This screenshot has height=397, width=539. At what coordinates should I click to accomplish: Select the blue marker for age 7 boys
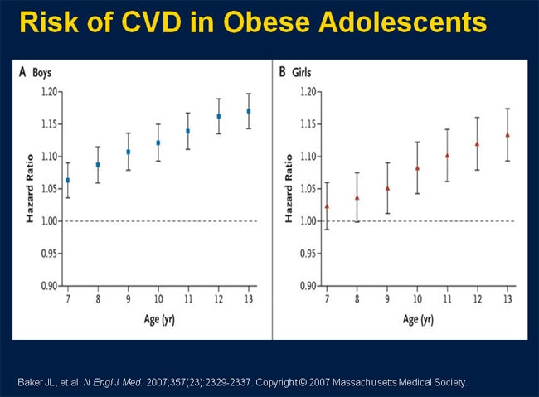[67, 180]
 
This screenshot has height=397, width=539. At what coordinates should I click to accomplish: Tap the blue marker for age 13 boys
[249, 111]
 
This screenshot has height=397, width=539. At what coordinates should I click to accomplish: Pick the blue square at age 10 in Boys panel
[158, 143]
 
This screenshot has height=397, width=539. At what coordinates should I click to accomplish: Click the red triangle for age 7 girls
[328, 206]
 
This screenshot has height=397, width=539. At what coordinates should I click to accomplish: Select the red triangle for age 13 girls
[507, 134]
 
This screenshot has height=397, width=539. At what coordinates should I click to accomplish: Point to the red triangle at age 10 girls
[417, 167]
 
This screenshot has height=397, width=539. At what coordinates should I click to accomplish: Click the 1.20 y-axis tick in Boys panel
[48, 91]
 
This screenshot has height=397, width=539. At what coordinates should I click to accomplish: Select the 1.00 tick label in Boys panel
[48, 220]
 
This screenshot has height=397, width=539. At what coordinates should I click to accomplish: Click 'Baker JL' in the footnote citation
[37, 382]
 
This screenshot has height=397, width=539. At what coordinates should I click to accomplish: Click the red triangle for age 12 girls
[478, 143]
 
